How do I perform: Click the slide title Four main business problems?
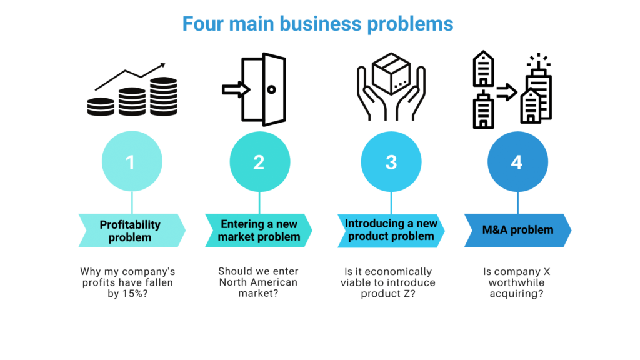tap(317, 24)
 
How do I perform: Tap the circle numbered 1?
tap(131, 162)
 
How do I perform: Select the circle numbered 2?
tap(259, 162)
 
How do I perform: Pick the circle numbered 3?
tap(391, 162)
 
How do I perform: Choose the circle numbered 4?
tap(517, 162)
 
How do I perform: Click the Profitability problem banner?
tap(131, 231)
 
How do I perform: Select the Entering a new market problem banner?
tap(259, 230)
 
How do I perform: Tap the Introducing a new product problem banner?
tap(391, 229)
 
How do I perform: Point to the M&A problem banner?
tap(517, 230)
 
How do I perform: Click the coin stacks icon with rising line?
tap(131, 92)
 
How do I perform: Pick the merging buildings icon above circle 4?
tap(512, 89)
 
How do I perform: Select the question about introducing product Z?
tap(388, 283)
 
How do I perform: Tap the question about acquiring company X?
tap(516, 283)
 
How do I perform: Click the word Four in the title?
tap(203, 24)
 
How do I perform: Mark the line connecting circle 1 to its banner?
tap(131, 202)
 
